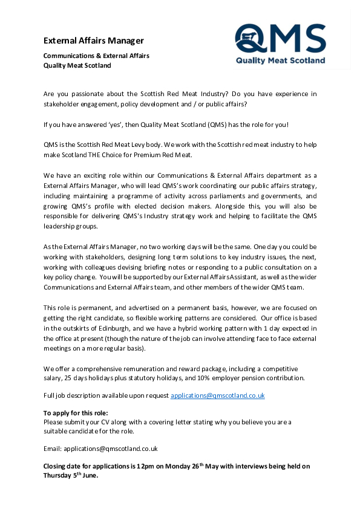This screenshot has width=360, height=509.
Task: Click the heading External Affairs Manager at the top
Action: (94, 41)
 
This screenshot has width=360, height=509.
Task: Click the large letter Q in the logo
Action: (250, 38)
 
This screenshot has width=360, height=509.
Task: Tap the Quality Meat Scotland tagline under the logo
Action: (280, 60)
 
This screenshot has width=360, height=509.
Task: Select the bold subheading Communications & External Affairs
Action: (96, 56)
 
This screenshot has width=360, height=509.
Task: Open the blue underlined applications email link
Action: (217, 395)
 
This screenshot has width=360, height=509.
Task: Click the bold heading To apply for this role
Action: (76, 413)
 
